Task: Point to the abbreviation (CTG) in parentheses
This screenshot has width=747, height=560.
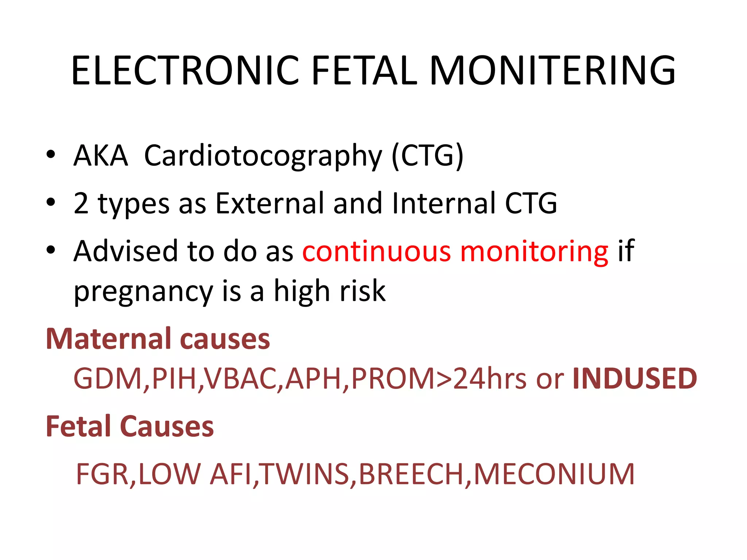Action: pos(427,156)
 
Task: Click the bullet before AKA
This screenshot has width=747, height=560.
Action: pos(51,155)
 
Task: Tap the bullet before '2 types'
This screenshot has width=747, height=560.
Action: pos(51,202)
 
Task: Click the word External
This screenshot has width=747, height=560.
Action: pos(270,203)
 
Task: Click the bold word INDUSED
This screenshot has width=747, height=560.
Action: pos(635,378)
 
